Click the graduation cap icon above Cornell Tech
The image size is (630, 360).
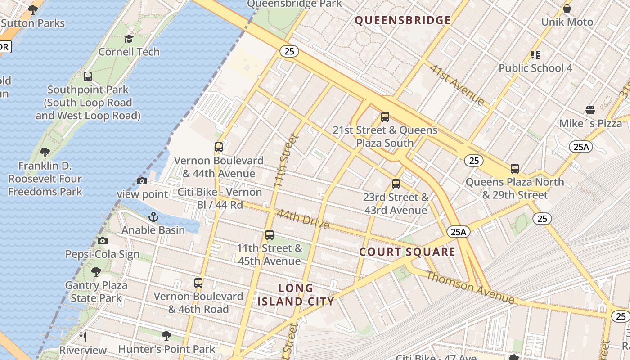(x=129, y=39)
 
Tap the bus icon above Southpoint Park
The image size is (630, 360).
(x=88, y=76)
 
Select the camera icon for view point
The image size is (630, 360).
(x=142, y=181)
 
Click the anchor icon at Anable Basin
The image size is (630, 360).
(x=153, y=217)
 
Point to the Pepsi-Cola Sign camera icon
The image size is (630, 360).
(x=103, y=241)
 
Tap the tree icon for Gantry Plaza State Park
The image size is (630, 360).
(x=96, y=271)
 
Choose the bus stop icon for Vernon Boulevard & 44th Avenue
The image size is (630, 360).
(x=219, y=147)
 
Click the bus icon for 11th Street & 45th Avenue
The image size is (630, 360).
(x=270, y=235)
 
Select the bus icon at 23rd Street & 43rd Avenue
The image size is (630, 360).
(x=396, y=184)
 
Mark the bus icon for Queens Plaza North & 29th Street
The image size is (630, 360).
(x=515, y=169)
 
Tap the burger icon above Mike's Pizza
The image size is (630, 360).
(x=590, y=110)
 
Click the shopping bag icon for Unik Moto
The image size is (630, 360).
(x=567, y=9)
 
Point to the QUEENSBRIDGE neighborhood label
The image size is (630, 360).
(x=403, y=20)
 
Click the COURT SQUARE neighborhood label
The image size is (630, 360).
(x=407, y=252)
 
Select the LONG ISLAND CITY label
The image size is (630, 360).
(x=296, y=295)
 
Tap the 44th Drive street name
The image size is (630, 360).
(x=303, y=219)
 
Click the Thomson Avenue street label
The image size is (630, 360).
(x=470, y=287)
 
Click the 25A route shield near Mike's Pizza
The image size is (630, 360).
(x=581, y=146)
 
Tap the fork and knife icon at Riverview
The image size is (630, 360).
(x=82, y=337)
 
